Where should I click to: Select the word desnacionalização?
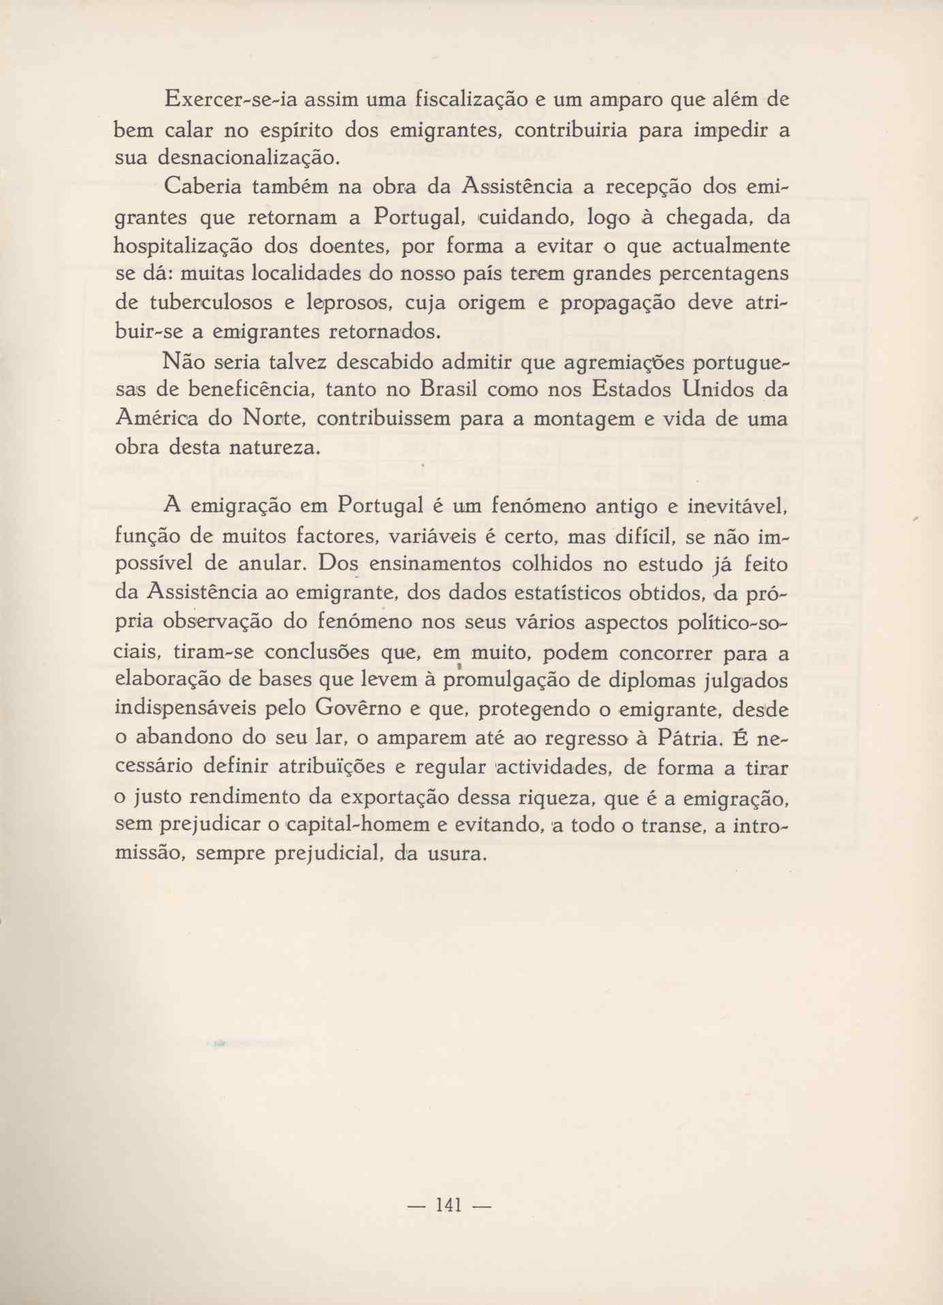248,158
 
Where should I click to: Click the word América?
157,418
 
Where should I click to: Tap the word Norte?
273,418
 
